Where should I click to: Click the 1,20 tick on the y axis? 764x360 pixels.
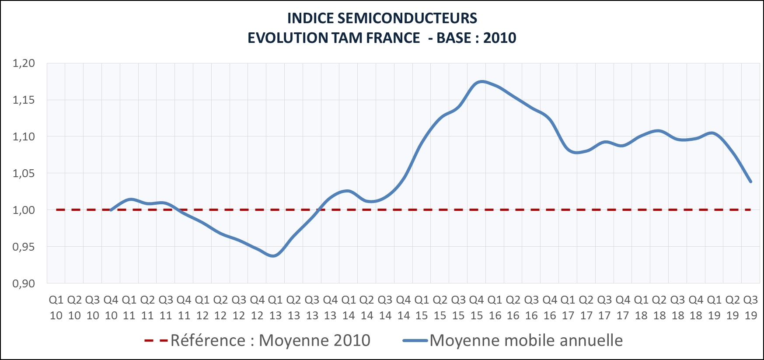[24, 63]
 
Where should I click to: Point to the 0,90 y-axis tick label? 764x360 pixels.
[24, 284]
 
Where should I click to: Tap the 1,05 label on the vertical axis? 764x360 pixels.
[24, 174]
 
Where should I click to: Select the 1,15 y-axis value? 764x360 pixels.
[24, 100]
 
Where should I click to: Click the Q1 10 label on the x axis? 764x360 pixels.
[56, 308]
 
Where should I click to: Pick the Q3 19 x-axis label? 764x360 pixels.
[750, 308]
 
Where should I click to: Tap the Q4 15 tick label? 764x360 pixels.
[476, 308]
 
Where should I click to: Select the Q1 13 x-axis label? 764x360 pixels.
[275, 308]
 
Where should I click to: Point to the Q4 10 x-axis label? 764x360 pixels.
[111, 308]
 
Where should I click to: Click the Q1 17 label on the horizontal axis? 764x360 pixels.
[568, 308]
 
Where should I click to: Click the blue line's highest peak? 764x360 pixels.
[481, 81]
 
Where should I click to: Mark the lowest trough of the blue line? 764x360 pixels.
[274, 256]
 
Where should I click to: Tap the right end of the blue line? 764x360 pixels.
[751, 182]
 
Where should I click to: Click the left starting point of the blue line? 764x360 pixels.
[111, 210]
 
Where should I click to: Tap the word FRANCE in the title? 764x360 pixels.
[393, 38]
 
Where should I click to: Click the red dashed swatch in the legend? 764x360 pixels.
[156, 341]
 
